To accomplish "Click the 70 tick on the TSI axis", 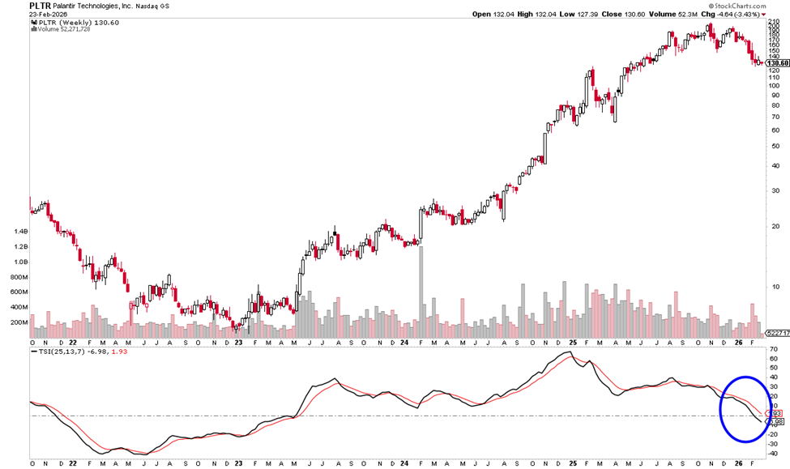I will (774, 349).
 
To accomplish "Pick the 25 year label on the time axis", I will (571, 464).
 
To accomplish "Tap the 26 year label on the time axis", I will (738, 464).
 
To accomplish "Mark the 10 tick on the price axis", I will (775, 286).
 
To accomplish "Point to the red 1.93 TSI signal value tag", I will (775, 413).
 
